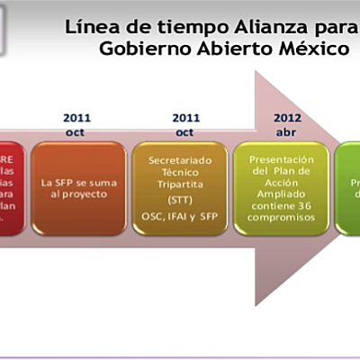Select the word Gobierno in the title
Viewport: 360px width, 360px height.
coord(140,49)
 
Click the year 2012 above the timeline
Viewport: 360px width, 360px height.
coord(289,117)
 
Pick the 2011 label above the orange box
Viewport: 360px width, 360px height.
coord(77,117)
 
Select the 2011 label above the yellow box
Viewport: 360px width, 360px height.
coord(184,117)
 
